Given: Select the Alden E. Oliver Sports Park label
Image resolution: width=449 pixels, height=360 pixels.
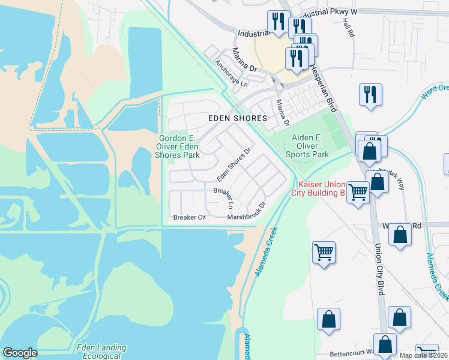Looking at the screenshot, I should coord(310,146).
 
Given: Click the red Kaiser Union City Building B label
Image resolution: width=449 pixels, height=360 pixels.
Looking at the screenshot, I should coord(318,188).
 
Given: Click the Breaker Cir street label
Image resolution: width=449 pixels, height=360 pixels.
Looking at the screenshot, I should coord(190,217).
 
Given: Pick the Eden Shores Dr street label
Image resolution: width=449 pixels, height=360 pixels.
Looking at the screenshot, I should coord(234,164).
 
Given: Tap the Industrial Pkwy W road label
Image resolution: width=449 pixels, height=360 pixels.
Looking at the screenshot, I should coord(327,12).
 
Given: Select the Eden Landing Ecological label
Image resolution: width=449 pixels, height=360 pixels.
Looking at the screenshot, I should coord(101,352).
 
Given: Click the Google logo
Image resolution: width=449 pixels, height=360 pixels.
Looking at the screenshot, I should coord(20,353).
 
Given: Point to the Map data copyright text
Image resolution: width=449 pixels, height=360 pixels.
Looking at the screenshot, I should coord(424,355).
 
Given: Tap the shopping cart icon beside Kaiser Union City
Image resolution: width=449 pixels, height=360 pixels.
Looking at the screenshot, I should coord(358,193).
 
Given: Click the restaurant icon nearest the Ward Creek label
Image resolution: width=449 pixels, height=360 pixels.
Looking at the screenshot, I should coord(370,94).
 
